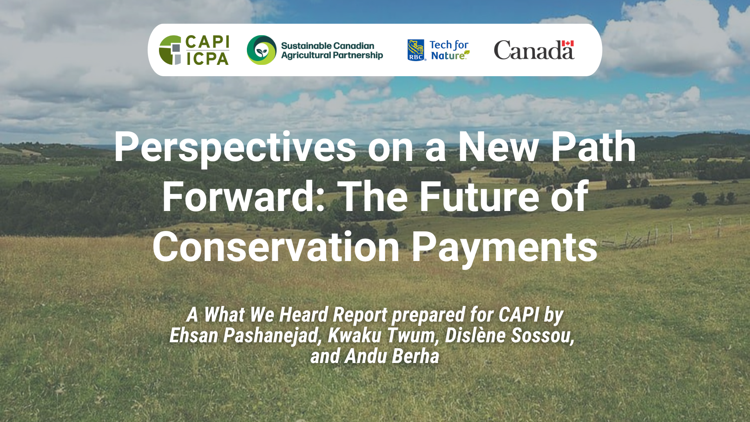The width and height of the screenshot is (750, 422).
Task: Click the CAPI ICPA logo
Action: tap(194, 50)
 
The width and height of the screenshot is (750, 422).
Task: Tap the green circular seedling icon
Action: tap(262, 50)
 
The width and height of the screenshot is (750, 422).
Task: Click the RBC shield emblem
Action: tap(416, 50)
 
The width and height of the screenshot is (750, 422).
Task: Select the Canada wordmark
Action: tap(534, 50)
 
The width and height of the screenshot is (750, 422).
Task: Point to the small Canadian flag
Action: tap(568, 43)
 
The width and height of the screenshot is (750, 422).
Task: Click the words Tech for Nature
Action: tap(450, 50)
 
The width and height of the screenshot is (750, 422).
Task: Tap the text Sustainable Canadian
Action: tap(327, 46)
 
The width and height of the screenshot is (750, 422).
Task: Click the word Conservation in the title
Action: tap(276, 247)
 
